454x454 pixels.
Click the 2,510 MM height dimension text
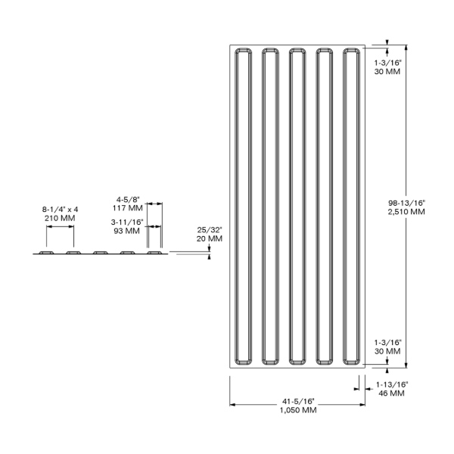click(x=406, y=212)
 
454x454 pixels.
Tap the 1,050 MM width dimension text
click(x=298, y=410)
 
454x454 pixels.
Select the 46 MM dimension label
click(x=391, y=393)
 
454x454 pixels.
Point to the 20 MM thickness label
click(x=210, y=238)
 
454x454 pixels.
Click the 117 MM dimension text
click(x=128, y=208)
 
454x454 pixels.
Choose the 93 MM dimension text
click(x=126, y=231)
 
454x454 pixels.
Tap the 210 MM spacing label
click(x=60, y=218)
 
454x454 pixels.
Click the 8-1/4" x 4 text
click(x=61, y=209)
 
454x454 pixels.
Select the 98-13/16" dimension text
click(x=406, y=203)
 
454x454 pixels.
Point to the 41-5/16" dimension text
click(x=298, y=401)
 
